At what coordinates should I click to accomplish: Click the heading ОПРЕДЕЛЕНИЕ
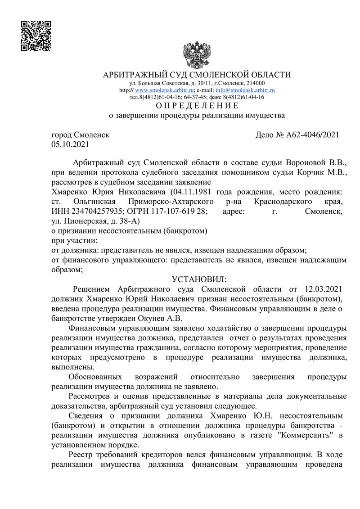pos(197,106)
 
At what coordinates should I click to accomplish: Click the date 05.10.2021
pos(70,144)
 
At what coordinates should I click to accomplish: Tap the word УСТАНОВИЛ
pos(197,279)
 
